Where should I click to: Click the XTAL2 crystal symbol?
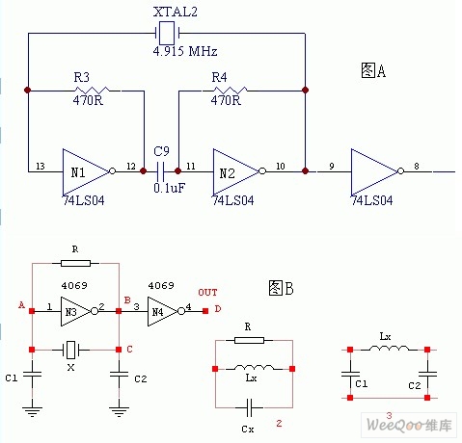[167, 33]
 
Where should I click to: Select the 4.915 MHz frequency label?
[185, 51]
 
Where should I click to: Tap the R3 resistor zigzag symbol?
[92, 91]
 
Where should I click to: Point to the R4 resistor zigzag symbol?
[230, 91]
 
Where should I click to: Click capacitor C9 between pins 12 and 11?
[160, 171]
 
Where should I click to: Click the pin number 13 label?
[41, 167]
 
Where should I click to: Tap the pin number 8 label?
[417, 167]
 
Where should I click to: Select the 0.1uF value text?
[170, 188]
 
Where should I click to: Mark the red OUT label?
[207, 293]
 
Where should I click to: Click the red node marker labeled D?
[205, 311]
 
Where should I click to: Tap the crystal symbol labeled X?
[70, 350]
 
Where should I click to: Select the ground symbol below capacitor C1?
[32, 411]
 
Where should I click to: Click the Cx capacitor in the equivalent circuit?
[249, 407]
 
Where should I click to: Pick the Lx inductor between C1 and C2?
[390, 349]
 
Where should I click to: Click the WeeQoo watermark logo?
[409, 425]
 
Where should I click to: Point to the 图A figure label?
[373, 70]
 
